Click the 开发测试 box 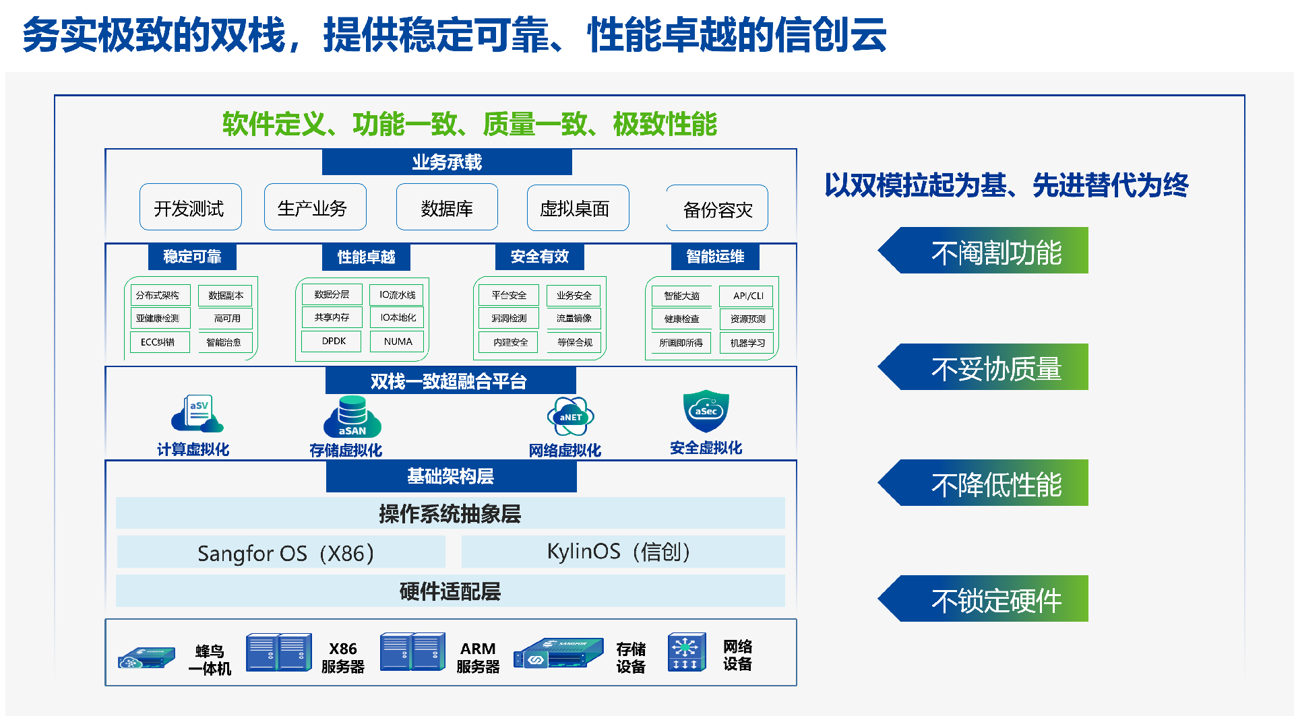tap(190, 207)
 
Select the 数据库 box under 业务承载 tap(447, 207)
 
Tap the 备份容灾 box tap(717, 209)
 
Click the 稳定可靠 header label tap(192, 257)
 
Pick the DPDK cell tap(334, 341)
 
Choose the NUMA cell tap(398, 341)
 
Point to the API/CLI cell tap(747, 296)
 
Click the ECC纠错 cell tap(158, 342)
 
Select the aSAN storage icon tap(352, 416)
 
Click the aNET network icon tap(570, 416)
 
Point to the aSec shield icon tap(706, 410)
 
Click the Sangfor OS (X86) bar tap(281, 552)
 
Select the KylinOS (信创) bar tap(623, 552)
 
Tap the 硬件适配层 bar tap(450, 591)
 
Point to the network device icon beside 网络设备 tap(686, 652)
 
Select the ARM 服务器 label tap(478, 657)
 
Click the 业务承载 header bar tap(447, 162)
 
